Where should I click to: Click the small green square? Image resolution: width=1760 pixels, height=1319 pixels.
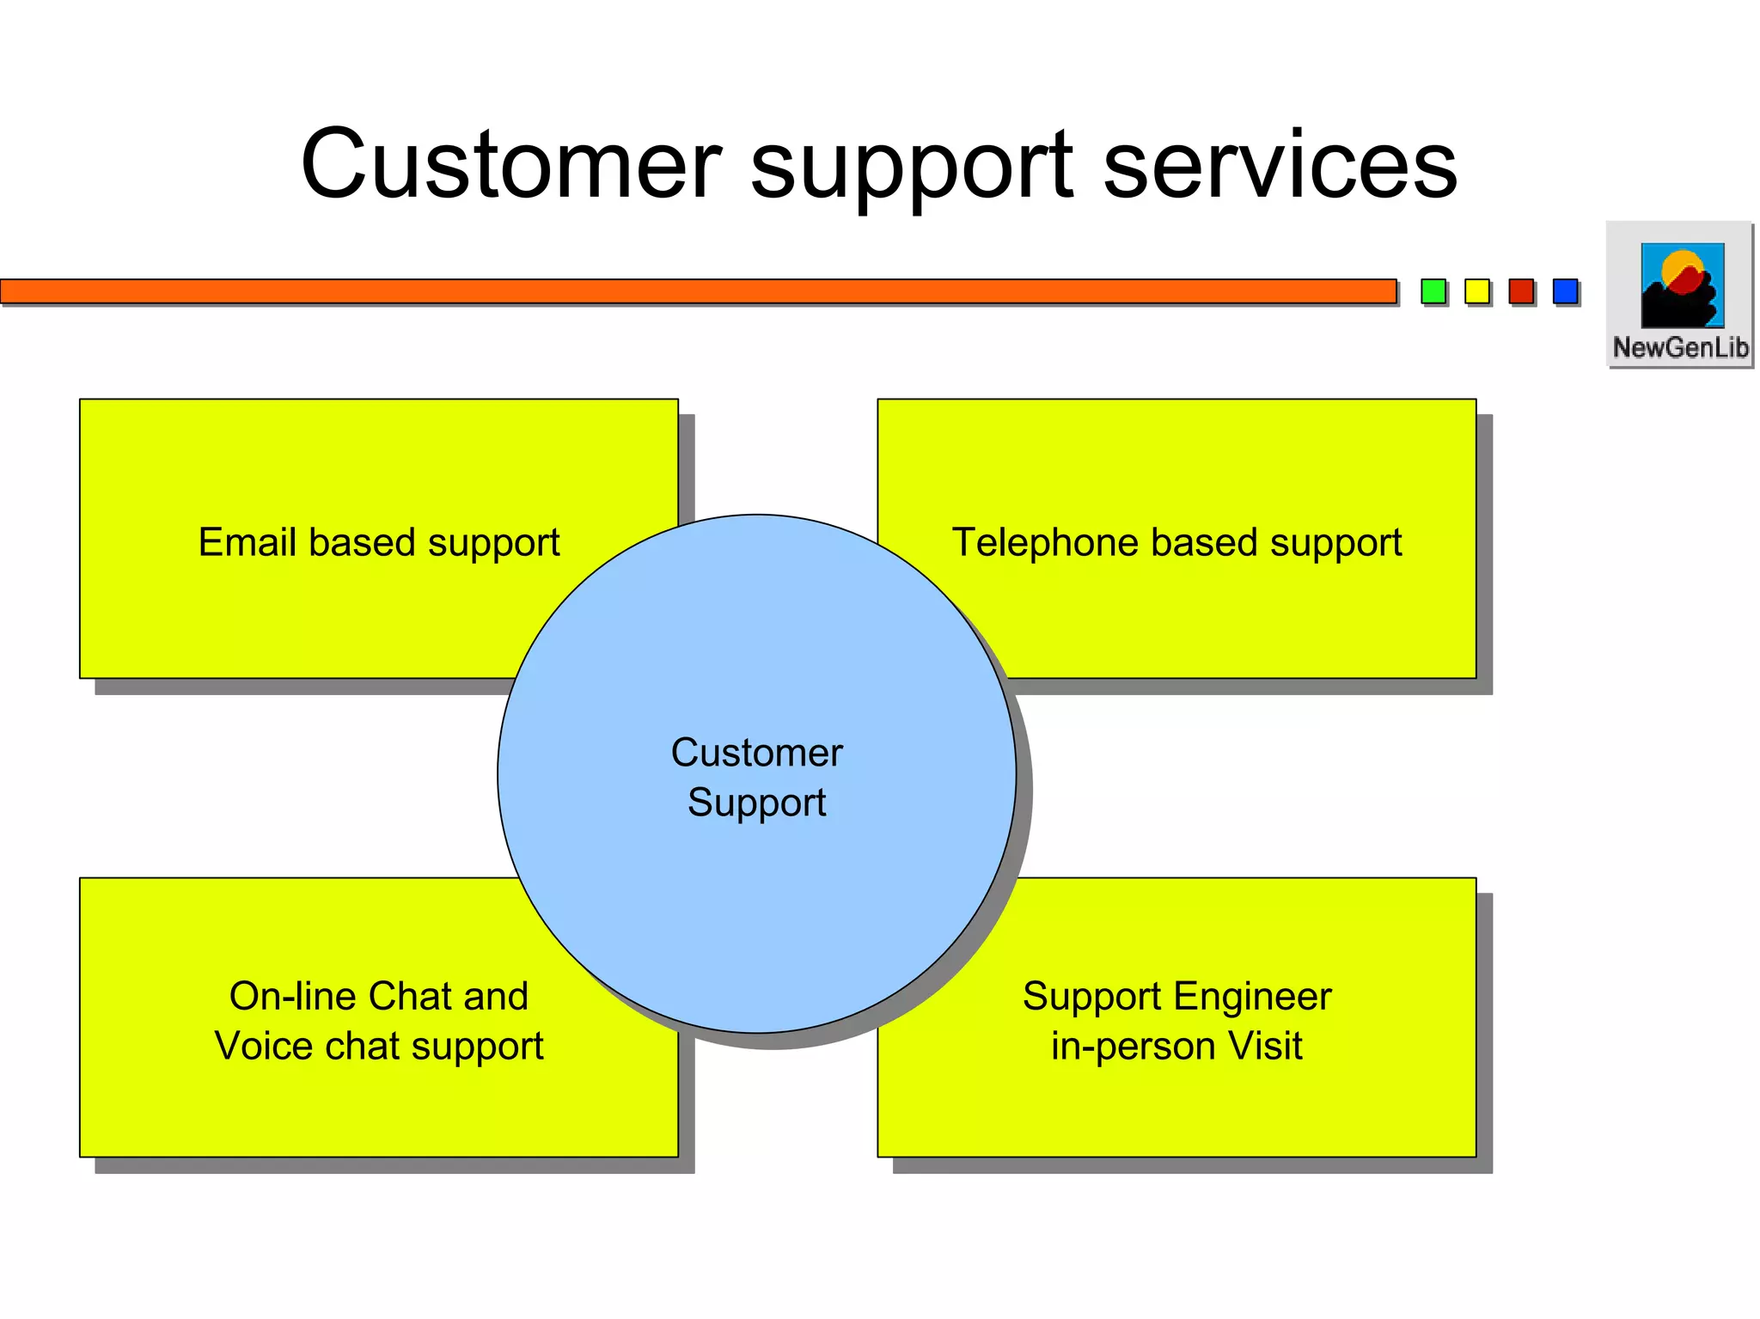pos(1433,291)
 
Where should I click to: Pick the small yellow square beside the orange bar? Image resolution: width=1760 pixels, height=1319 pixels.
pos(1476,291)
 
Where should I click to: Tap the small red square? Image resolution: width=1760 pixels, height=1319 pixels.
pos(1521,291)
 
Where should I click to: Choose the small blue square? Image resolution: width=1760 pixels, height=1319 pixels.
pos(1565,291)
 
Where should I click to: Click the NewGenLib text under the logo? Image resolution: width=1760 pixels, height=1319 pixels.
pos(1680,347)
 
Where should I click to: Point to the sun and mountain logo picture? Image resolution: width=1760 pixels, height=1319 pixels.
pos(1682,284)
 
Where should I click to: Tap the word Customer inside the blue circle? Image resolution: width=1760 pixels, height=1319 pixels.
pos(756,753)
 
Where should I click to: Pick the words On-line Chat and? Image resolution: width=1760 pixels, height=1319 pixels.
pos(378,997)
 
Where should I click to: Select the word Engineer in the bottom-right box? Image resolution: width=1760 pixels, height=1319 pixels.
pos(1252,997)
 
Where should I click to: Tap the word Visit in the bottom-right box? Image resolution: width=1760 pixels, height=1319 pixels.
pos(1265,1046)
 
